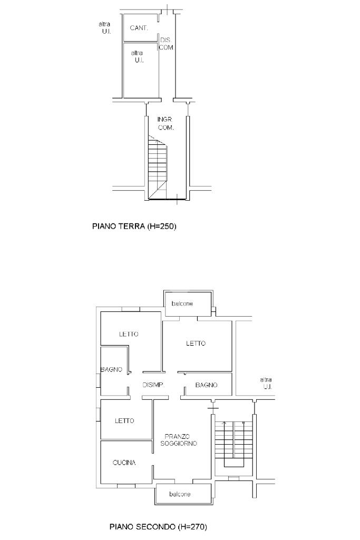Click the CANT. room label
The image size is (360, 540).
tap(139, 28)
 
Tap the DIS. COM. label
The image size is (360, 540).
tap(166, 44)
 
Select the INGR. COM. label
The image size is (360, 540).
tap(166, 123)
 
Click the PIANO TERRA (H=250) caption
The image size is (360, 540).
tap(134, 226)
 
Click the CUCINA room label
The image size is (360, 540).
tap(124, 463)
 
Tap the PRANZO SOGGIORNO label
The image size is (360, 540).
tap(179, 440)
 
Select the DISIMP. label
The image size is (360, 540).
tap(154, 385)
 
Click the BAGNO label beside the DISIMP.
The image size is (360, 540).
tap(206, 385)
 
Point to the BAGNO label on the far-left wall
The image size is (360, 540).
tap(111, 369)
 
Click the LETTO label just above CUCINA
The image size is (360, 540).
tap(124, 420)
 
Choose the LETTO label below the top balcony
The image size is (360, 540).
tap(196, 343)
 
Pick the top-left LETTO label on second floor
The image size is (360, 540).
tap(129, 333)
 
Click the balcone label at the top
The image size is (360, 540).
tap(182, 303)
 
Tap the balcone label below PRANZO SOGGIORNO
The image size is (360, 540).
tap(180, 494)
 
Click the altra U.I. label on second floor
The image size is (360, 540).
tap(266, 383)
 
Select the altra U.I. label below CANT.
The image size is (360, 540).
tap(137, 56)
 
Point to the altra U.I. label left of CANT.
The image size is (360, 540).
tap(104, 27)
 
